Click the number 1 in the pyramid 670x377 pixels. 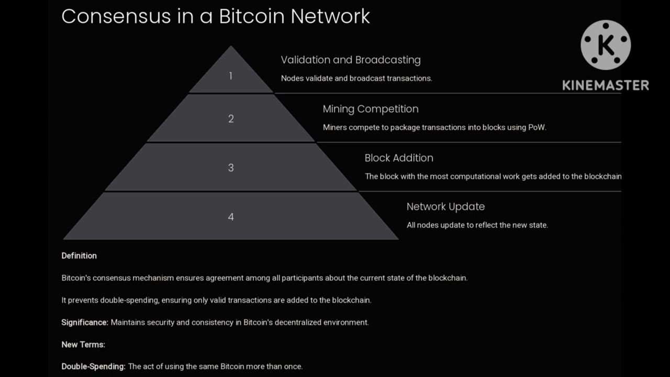[x=230, y=76]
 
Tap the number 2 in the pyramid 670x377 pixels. [x=231, y=119]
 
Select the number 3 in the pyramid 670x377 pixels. [x=231, y=168]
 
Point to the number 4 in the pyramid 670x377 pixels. [x=231, y=217]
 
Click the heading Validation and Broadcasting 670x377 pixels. [x=351, y=60]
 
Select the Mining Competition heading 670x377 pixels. [x=371, y=109]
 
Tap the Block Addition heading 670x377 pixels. [x=399, y=158]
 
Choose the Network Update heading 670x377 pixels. [x=445, y=206]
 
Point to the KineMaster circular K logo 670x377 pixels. [x=606, y=46]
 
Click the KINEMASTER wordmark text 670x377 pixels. [x=606, y=85]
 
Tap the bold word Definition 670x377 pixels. [x=79, y=256]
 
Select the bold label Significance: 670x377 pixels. [x=85, y=322]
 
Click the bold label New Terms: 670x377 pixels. [x=83, y=345]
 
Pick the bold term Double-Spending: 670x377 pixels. [x=93, y=367]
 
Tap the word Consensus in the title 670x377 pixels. [x=116, y=16]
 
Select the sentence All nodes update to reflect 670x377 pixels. [x=477, y=225]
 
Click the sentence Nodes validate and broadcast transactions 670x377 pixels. [x=356, y=79]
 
